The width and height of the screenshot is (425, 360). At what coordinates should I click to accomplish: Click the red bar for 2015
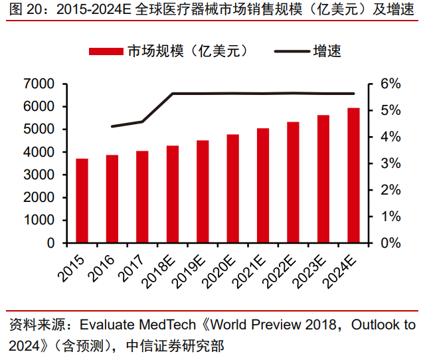[x=82, y=201]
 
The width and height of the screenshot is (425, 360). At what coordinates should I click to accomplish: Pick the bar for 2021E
[x=263, y=185]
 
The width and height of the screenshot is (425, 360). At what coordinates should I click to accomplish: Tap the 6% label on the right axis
[x=390, y=84]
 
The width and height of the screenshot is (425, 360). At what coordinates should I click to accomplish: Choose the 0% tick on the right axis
[x=390, y=243]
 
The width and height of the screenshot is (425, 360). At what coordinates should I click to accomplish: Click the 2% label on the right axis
[x=390, y=190]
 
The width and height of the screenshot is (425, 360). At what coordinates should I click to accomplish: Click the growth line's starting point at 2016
[x=112, y=126]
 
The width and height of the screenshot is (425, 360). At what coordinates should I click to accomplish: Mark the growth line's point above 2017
[x=142, y=122]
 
